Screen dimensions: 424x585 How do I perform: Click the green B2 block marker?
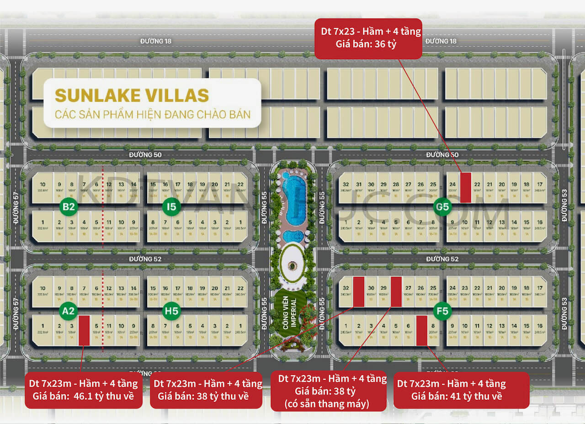(69, 207)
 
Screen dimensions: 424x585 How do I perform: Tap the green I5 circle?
(171, 207)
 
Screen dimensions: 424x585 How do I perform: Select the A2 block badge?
(69, 312)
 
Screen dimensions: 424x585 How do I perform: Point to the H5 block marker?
(171, 312)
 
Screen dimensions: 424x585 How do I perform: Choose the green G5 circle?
(442, 207)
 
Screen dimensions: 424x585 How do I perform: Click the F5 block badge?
(442, 312)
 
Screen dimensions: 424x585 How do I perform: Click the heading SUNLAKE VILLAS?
(132, 95)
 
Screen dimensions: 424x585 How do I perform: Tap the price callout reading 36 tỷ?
(368, 38)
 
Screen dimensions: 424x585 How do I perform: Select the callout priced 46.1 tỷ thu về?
(84, 390)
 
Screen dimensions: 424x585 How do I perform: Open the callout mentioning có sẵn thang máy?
(328, 391)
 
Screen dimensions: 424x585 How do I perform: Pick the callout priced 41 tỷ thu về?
(461, 390)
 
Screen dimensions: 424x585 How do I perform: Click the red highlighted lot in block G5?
(465, 187)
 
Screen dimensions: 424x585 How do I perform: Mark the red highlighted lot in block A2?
(84, 330)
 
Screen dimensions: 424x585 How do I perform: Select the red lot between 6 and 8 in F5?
(421, 330)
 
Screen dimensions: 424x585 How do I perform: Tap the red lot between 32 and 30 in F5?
(359, 291)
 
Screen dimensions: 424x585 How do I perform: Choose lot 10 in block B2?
(42, 187)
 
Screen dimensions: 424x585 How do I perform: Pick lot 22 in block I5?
(240, 187)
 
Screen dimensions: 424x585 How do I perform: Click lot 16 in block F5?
(539, 330)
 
